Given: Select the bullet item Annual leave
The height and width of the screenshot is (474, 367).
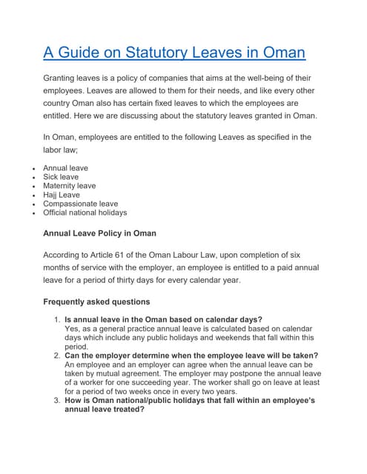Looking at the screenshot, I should click(x=65, y=168).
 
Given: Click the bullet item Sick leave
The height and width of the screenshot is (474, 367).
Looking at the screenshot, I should click(x=60, y=177).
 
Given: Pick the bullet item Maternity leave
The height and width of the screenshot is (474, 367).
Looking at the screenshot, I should click(x=69, y=186).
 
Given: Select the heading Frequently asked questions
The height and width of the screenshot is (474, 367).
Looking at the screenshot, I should click(x=96, y=302).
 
